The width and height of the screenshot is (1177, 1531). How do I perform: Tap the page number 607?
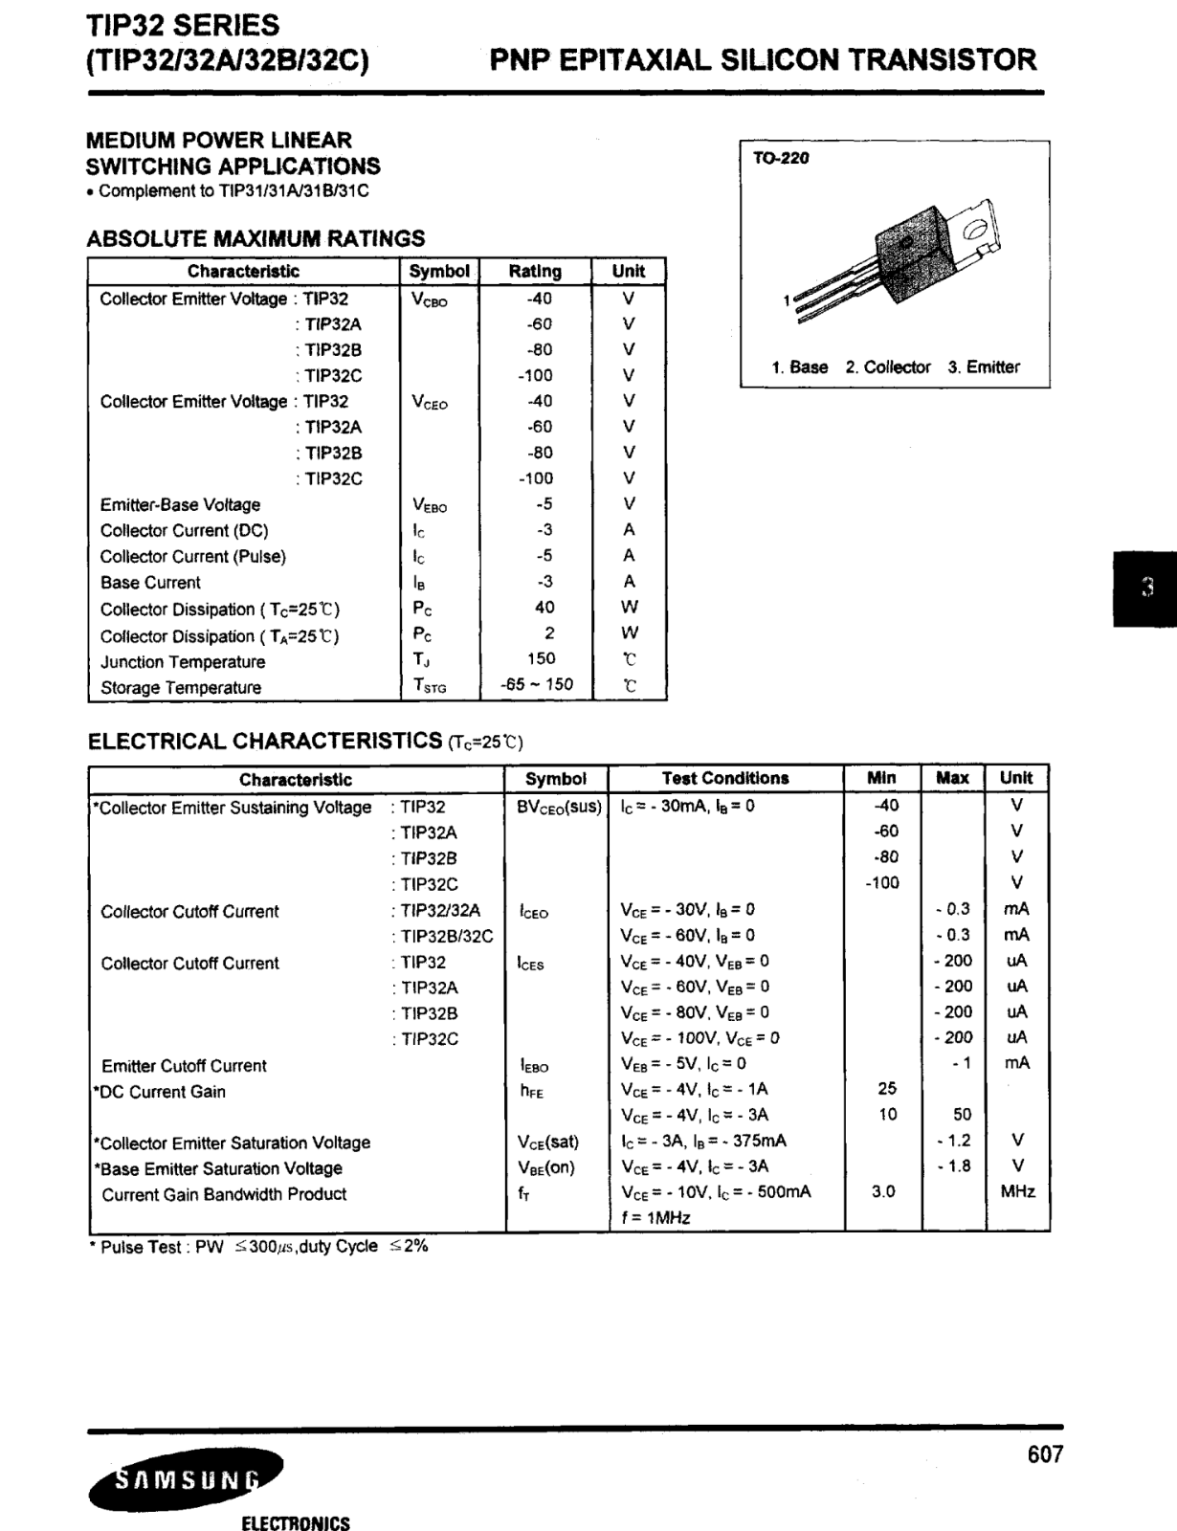click(1045, 1454)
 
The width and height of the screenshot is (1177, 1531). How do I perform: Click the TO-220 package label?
click(781, 158)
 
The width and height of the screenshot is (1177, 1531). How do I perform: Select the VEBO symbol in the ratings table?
click(430, 505)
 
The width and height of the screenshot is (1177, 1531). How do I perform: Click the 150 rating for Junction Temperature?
click(541, 658)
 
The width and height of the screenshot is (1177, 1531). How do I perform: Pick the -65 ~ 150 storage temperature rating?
click(536, 685)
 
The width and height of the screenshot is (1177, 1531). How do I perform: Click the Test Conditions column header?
click(725, 778)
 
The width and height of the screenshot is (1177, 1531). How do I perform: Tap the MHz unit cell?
click(1017, 1191)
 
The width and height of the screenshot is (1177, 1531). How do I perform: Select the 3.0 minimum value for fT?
click(883, 1191)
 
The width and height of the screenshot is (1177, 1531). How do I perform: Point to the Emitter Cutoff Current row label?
click(184, 1065)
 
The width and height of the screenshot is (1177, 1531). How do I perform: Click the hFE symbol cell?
click(532, 1091)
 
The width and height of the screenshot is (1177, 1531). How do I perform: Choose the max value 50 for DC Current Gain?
click(962, 1114)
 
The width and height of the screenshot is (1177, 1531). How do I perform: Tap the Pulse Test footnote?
click(258, 1247)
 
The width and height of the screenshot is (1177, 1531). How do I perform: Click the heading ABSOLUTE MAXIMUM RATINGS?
click(255, 238)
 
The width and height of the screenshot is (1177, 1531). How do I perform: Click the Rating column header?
click(535, 271)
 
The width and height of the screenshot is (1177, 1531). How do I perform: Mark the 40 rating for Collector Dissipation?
click(544, 607)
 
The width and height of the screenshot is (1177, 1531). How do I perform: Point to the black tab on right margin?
click(1146, 588)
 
